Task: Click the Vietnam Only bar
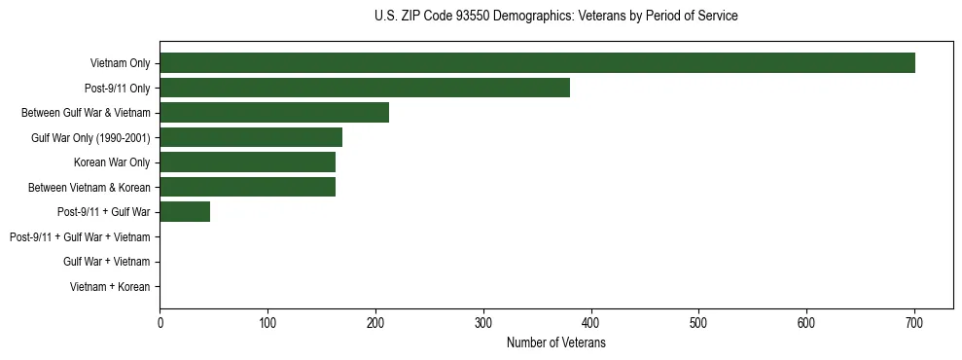coord(537,63)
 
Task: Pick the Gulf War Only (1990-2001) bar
coord(251,137)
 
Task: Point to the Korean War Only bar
coord(247,162)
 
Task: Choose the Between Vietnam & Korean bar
coord(247,187)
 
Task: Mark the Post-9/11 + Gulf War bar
coord(185,211)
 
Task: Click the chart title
coord(555,17)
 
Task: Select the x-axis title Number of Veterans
coord(555,343)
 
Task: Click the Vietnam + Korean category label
coord(110,286)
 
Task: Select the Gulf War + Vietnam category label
coord(107,261)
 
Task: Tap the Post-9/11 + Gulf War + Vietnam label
coord(80,236)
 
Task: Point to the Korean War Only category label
coord(112,162)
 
